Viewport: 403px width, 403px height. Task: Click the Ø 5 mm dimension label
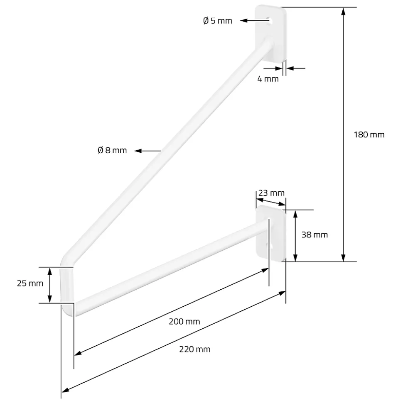(x=217, y=21)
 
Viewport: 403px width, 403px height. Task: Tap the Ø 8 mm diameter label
(x=112, y=150)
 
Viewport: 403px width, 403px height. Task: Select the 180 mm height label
(x=369, y=134)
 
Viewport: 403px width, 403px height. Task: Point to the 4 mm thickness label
(x=268, y=79)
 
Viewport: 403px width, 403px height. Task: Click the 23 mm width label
(x=271, y=193)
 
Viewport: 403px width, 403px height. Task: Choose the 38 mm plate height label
(x=315, y=234)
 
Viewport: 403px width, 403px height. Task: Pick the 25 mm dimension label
(x=30, y=283)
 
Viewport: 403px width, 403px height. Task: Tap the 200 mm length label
(x=184, y=322)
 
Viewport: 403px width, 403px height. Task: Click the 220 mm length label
(x=195, y=349)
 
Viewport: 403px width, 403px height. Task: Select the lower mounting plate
(x=271, y=233)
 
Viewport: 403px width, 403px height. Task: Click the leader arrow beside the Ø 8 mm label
(x=148, y=151)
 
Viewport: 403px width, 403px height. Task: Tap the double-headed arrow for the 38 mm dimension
(x=295, y=236)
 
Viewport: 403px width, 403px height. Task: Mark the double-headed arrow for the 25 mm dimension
(x=50, y=285)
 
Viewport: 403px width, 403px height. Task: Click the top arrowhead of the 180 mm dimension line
(x=343, y=11)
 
